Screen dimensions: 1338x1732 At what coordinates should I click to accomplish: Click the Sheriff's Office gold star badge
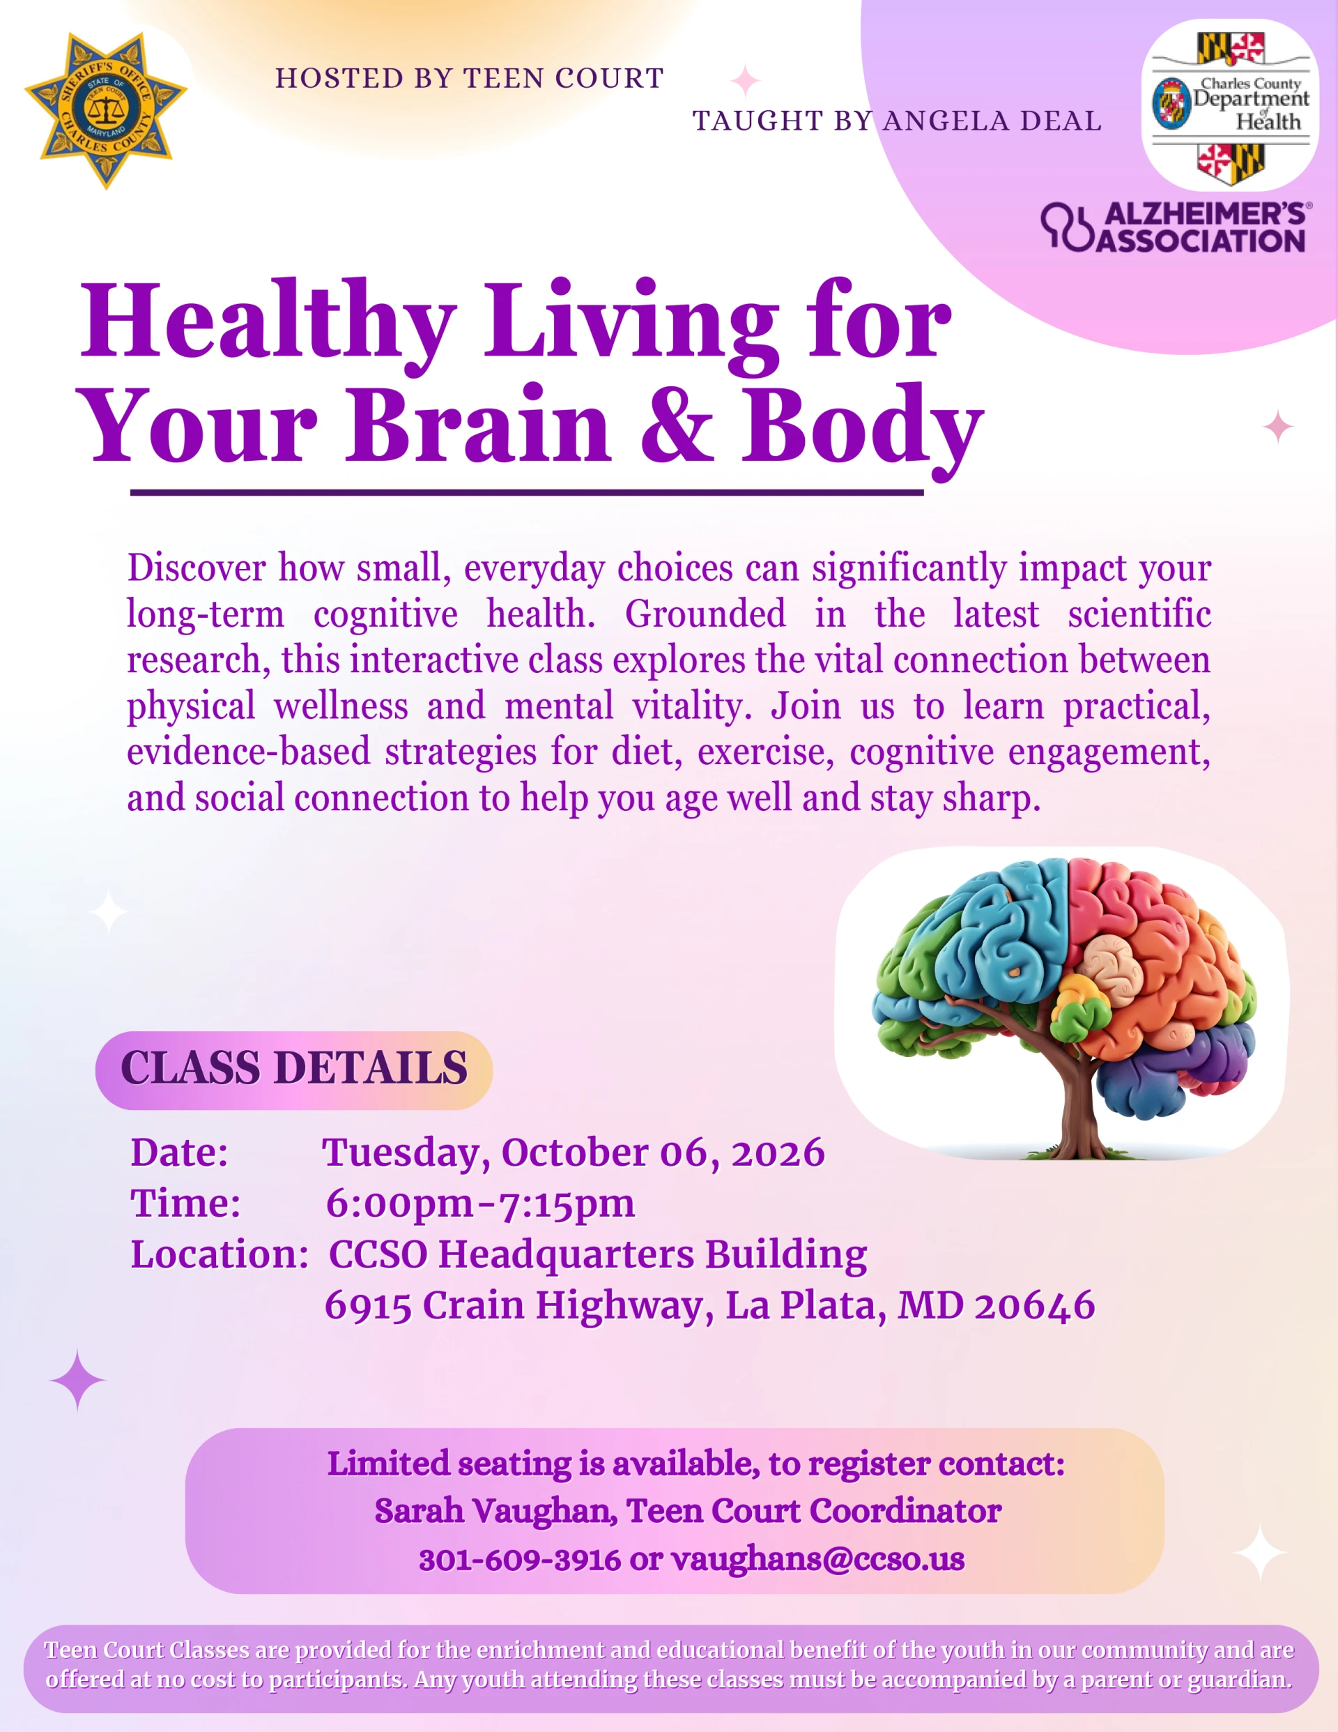click(x=106, y=110)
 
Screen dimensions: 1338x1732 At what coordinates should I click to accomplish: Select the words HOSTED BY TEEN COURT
click(x=469, y=79)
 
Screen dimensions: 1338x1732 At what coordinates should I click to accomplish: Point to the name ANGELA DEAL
click(x=992, y=121)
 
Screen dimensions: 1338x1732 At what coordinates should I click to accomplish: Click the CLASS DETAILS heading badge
click(x=294, y=1070)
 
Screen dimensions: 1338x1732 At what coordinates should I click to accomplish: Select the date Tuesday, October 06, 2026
click(x=573, y=1153)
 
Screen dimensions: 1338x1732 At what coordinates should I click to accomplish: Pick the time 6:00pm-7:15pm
click(x=480, y=1204)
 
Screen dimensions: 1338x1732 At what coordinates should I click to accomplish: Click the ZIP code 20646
click(x=1034, y=1306)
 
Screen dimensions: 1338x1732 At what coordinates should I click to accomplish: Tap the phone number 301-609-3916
click(x=519, y=1560)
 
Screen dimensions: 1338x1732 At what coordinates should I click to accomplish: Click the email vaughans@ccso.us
click(x=818, y=1560)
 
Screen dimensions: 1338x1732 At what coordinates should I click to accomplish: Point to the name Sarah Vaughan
click(x=495, y=1512)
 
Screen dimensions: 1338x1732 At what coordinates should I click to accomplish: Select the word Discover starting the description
click(x=197, y=568)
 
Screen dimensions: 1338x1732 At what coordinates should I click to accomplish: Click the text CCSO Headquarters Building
click(x=598, y=1255)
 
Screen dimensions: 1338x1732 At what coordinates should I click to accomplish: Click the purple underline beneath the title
click(x=527, y=492)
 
